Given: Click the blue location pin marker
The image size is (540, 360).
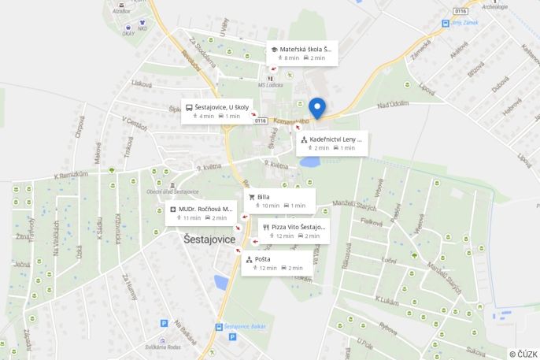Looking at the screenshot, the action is (x=317, y=108).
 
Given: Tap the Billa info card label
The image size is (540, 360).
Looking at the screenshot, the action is (x=279, y=201).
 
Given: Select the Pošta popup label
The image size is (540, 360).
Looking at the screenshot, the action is (x=275, y=263).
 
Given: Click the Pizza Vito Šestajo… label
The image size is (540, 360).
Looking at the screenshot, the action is (x=293, y=231).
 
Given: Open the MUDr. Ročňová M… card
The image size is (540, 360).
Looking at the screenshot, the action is (x=201, y=213).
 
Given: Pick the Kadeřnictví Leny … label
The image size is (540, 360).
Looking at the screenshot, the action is (x=331, y=143).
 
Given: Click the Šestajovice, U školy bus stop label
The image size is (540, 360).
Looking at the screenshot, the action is (x=216, y=111).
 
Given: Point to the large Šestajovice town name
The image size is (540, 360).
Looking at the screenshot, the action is (x=209, y=239).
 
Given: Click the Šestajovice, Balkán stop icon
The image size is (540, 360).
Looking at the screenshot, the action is (x=218, y=326).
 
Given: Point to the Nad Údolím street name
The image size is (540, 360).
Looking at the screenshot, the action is (x=393, y=103).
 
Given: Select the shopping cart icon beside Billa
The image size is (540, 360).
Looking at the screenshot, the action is (x=252, y=197).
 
